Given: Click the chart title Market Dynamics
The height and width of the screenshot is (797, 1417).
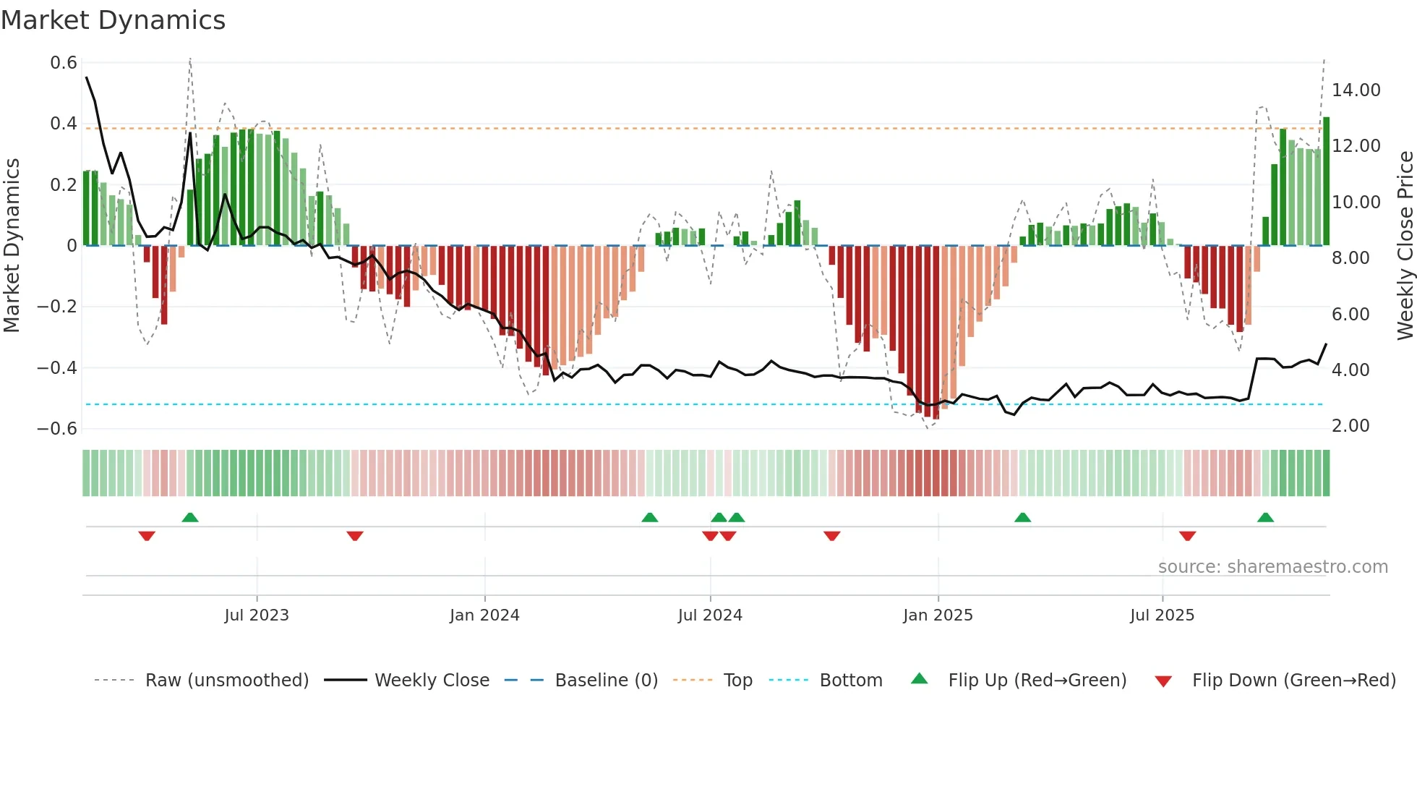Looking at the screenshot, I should pyautogui.click(x=113, y=20).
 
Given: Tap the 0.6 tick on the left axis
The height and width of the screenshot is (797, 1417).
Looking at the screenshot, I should pyautogui.click(x=64, y=63).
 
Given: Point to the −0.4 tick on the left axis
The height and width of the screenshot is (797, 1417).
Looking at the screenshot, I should pyautogui.click(x=57, y=368).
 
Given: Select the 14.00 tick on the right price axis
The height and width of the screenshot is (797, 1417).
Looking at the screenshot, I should pyautogui.click(x=1356, y=90).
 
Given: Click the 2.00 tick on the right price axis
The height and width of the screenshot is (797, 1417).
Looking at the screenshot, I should pyautogui.click(x=1350, y=426).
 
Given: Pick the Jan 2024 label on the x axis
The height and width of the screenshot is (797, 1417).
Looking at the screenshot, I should pyautogui.click(x=484, y=615).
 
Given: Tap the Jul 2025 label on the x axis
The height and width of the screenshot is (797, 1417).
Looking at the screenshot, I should pyautogui.click(x=1162, y=615).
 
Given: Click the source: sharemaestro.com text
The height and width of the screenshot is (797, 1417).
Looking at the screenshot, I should pyautogui.click(x=1272, y=567).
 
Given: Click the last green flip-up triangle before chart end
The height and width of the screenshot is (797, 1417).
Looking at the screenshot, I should pyautogui.click(x=1265, y=518).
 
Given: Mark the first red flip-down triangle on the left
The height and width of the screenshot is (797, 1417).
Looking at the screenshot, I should pyautogui.click(x=147, y=536).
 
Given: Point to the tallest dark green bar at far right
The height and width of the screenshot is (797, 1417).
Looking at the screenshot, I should pyautogui.click(x=1326, y=181).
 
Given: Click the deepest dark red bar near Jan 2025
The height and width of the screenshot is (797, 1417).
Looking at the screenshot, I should pyautogui.click(x=936, y=333).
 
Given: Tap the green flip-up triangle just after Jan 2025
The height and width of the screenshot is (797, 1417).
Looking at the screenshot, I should pyautogui.click(x=1022, y=518).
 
